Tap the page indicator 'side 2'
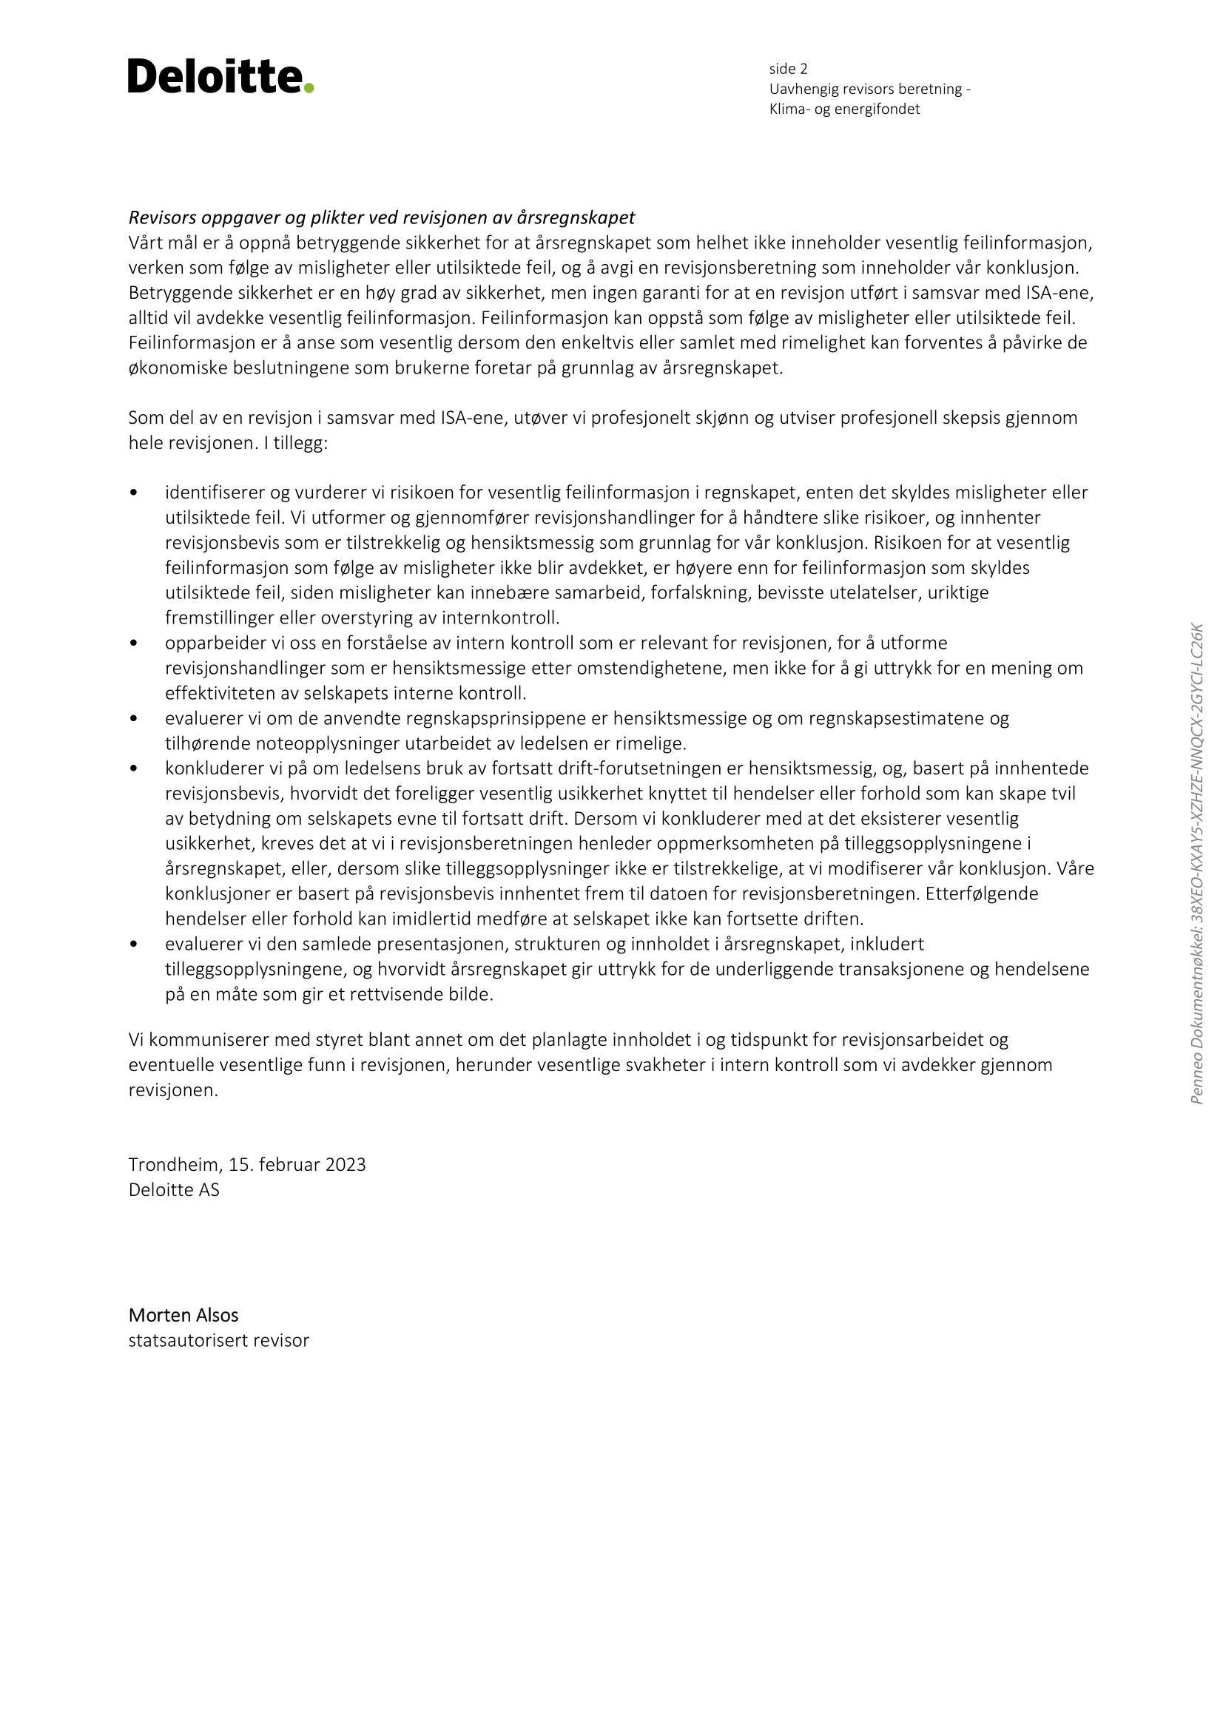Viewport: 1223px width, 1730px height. click(x=788, y=70)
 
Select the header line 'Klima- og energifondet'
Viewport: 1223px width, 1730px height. click(x=844, y=109)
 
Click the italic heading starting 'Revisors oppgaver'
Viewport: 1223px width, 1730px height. click(x=381, y=217)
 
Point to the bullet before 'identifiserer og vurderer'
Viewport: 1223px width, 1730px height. click(x=134, y=493)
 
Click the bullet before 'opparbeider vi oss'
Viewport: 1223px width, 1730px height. click(x=134, y=643)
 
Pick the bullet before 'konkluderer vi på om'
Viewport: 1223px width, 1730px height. click(x=134, y=768)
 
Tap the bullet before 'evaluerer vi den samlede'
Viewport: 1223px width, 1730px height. click(x=134, y=944)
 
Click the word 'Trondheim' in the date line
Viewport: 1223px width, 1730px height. click(x=173, y=1165)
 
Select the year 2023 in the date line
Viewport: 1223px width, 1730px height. click(x=345, y=1165)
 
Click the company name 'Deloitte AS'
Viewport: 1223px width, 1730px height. click(x=174, y=1190)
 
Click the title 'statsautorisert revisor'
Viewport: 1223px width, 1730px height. click(x=218, y=1340)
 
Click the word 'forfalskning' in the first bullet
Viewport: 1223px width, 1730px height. click(x=701, y=593)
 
